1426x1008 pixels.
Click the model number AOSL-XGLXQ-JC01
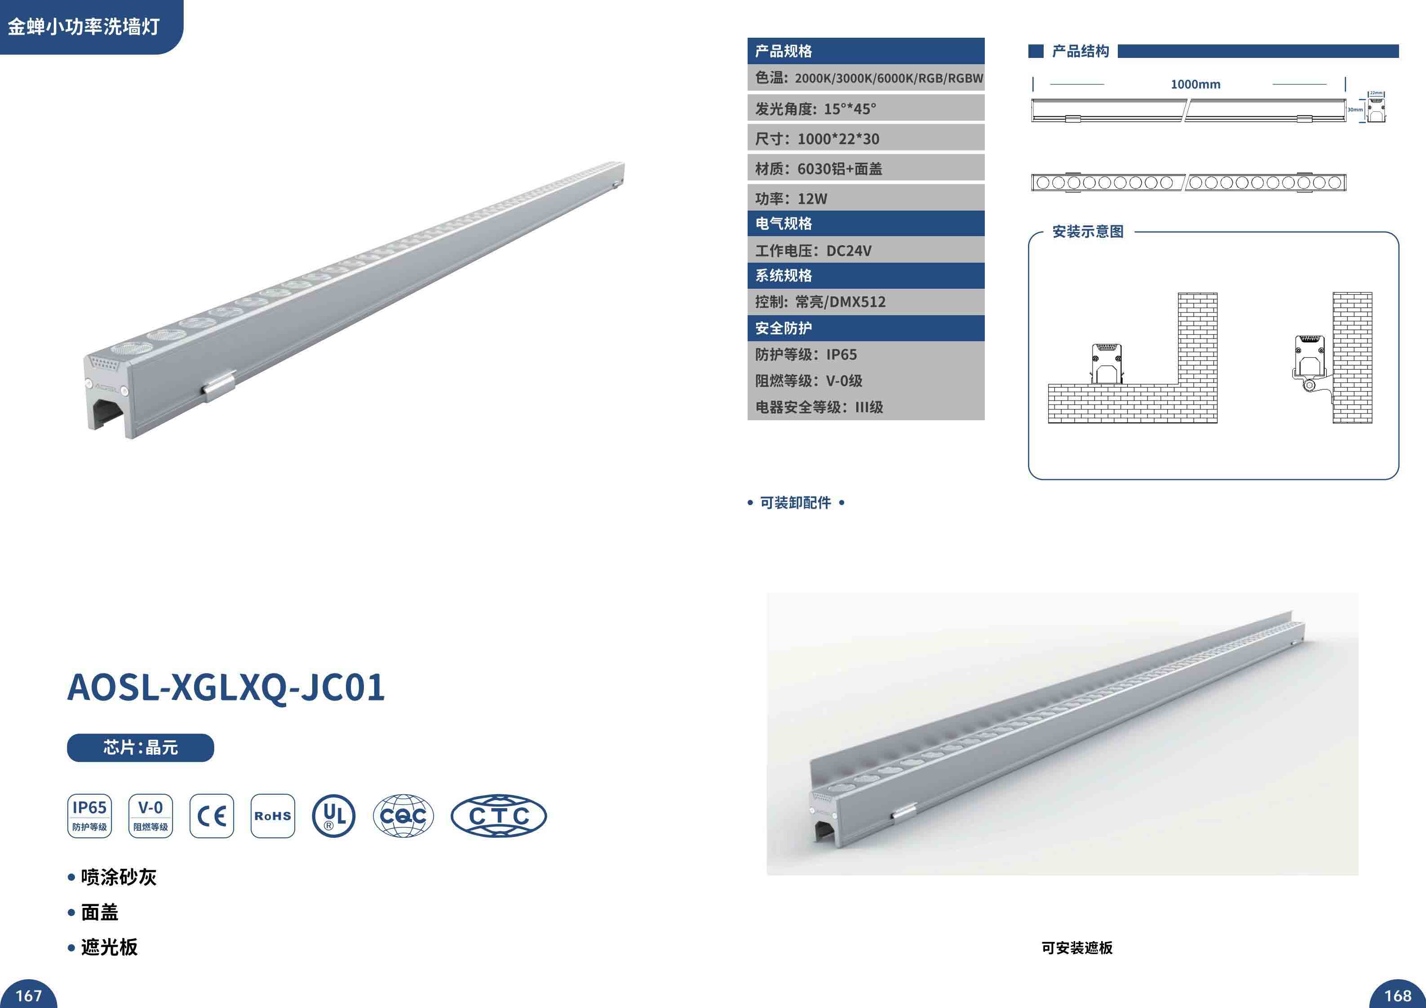[x=226, y=687]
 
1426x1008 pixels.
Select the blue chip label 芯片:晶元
[x=140, y=747]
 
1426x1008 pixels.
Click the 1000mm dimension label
[x=1195, y=84]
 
